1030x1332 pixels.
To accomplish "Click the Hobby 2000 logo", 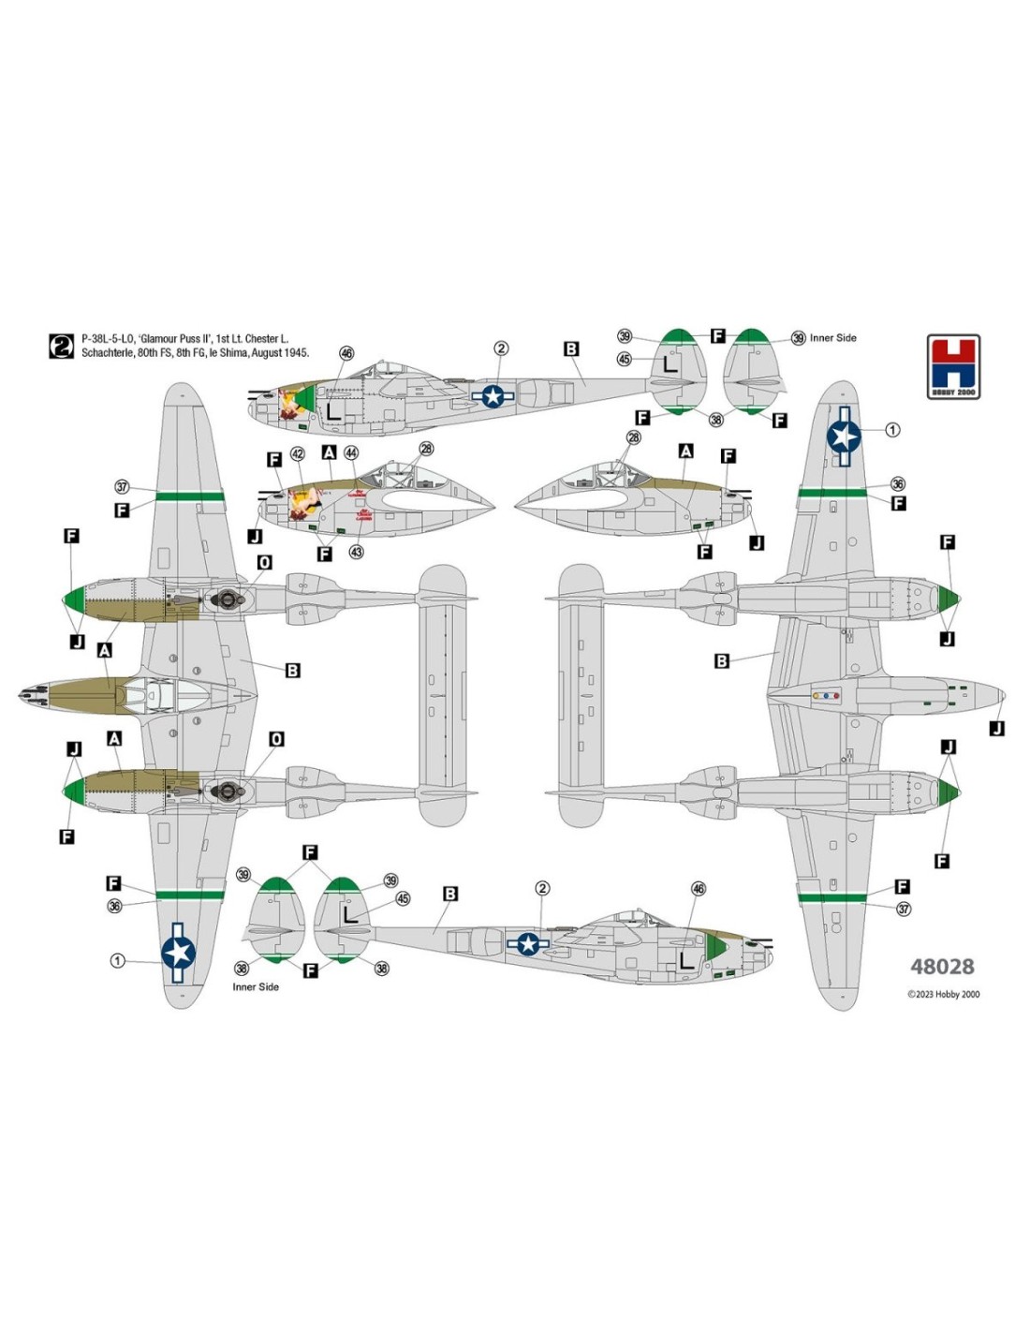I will (x=953, y=366).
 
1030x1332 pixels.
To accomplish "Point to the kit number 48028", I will (x=942, y=967).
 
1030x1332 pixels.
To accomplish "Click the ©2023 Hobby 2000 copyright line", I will (x=943, y=995).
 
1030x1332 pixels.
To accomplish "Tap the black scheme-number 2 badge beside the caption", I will (x=61, y=346).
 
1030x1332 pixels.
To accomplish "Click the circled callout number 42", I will (x=298, y=454).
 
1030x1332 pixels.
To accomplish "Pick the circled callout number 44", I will (x=351, y=453).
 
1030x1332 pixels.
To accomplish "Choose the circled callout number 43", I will (x=356, y=553).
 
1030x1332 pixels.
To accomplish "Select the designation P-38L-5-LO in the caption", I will (x=108, y=339).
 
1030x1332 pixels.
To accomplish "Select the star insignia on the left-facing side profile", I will (x=493, y=396).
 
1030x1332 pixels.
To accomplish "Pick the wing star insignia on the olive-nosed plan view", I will (x=178, y=952).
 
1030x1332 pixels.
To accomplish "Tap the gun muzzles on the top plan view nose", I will (x=30, y=694).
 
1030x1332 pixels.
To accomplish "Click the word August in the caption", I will (x=267, y=353).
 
